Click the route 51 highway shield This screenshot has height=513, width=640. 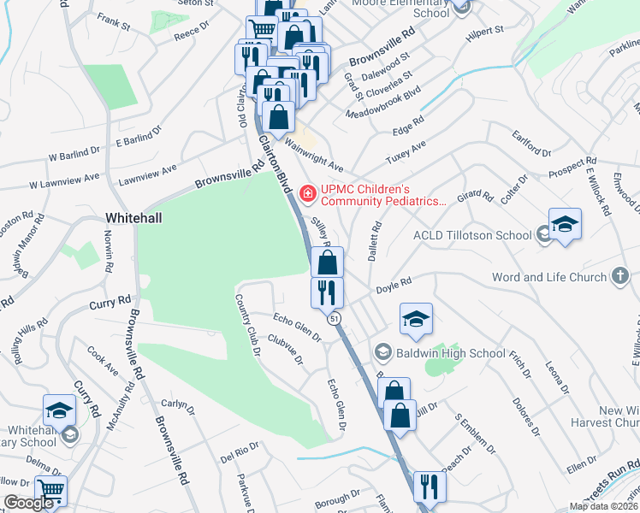[x=335, y=318]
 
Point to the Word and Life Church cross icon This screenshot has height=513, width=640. [x=619, y=276]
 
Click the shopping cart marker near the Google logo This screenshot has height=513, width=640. [x=50, y=492]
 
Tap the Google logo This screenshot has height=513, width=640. [x=27, y=503]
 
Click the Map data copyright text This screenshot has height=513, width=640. [x=604, y=506]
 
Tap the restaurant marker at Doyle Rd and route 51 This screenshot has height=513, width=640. [x=327, y=292]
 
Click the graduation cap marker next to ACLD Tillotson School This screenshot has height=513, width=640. [x=565, y=225]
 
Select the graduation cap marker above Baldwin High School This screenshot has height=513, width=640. [x=417, y=319]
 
